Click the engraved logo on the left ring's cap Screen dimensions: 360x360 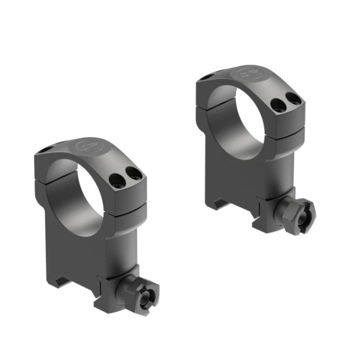click(85, 147)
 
